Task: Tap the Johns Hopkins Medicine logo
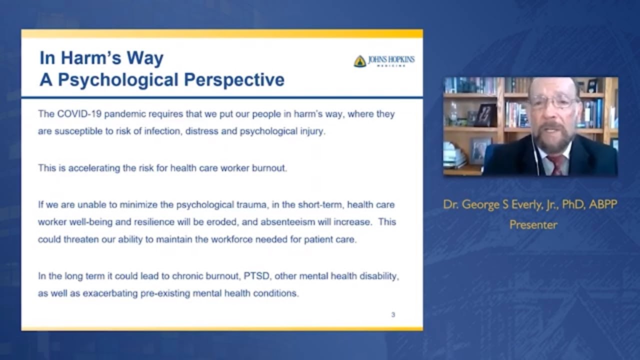[x=384, y=61]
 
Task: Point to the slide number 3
[x=393, y=314]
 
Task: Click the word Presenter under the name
[x=533, y=225]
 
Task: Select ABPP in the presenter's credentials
[x=603, y=204]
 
